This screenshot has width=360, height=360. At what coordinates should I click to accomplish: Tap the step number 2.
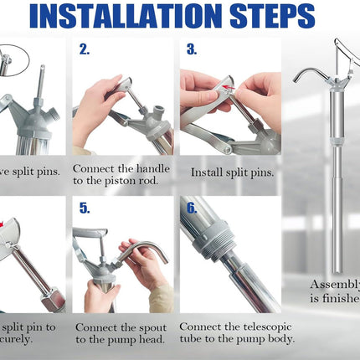[x=85, y=49]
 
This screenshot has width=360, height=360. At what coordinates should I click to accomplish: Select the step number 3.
[x=192, y=49]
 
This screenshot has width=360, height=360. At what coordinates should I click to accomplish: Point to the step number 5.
[x=85, y=208]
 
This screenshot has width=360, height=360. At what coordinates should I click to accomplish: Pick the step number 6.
[x=192, y=208]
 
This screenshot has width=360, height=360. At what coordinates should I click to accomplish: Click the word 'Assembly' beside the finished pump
[x=336, y=284]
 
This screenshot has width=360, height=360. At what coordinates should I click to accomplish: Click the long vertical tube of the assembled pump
[x=337, y=184]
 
